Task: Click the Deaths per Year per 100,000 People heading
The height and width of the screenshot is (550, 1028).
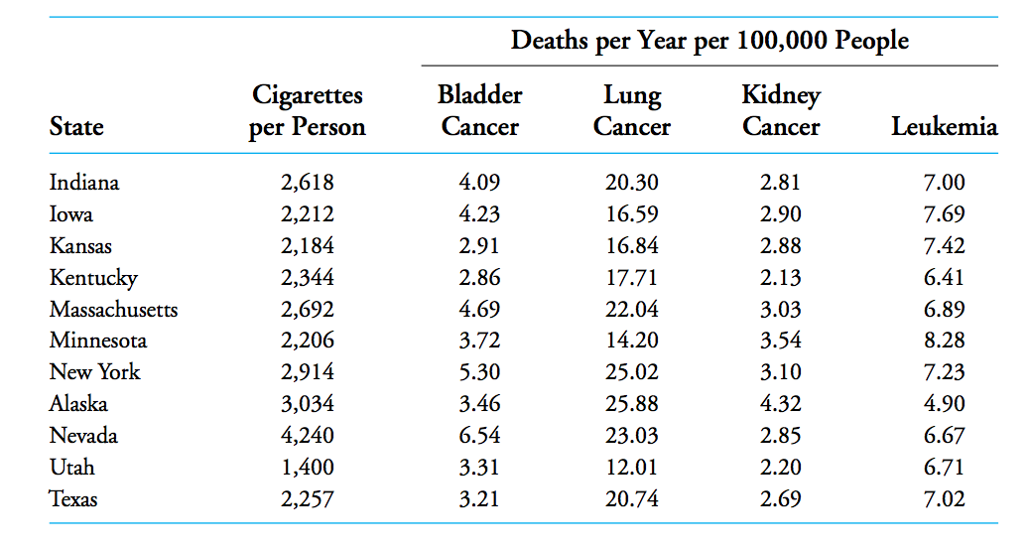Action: click(x=709, y=41)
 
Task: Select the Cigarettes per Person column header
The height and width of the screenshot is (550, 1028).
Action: click(x=307, y=111)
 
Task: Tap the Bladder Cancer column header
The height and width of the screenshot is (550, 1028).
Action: click(x=480, y=111)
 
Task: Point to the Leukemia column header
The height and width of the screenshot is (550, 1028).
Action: click(x=944, y=127)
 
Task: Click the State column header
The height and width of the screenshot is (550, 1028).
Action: click(x=76, y=127)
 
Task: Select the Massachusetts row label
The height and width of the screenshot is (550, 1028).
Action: click(x=114, y=309)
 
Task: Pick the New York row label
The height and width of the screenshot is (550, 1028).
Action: click(x=95, y=372)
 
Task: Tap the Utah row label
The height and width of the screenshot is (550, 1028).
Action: click(x=72, y=467)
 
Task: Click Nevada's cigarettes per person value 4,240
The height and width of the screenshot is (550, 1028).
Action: click(x=308, y=436)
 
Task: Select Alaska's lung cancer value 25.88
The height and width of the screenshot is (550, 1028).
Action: click(x=632, y=404)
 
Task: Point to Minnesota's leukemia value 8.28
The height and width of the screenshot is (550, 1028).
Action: click(x=944, y=341)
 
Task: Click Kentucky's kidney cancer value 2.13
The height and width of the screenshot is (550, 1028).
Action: click(x=780, y=278)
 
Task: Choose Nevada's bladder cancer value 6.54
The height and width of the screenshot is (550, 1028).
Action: click(x=480, y=436)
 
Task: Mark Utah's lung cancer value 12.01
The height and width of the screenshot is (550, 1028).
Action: click(x=632, y=467)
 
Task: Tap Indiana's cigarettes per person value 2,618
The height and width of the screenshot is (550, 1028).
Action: click(x=308, y=183)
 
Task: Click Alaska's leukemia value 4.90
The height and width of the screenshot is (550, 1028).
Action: click(x=944, y=404)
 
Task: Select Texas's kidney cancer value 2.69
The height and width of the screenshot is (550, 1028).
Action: click(x=780, y=498)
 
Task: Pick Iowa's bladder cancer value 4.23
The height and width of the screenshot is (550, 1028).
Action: click(x=480, y=214)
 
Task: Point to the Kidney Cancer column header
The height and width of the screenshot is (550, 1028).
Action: click(x=781, y=111)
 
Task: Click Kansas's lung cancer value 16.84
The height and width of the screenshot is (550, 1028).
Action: click(x=632, y=246)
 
